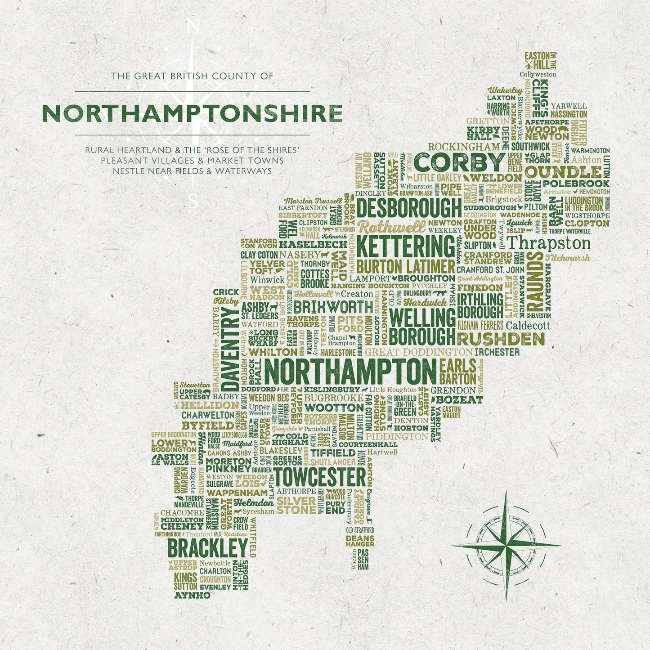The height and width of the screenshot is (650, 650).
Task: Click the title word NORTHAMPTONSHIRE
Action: [x=192, y=113]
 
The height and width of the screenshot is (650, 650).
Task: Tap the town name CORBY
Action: [x=459, y=162]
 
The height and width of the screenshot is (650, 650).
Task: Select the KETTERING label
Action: [x=406, y=247]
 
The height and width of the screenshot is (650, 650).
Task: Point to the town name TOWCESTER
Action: [x=320, y=477]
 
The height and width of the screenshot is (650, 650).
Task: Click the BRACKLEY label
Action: [x=207, y=548]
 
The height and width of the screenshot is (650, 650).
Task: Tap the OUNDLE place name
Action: [x=563, y=172]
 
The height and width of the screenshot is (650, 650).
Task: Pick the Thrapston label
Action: [x=548, y=243]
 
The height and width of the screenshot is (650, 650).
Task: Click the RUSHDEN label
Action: [x=501, y=339]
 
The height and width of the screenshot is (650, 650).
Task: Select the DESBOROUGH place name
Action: [x=409, y=209]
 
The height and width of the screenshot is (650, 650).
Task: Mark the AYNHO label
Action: [x=192, y=595]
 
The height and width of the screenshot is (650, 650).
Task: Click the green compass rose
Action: [x=506, y=546]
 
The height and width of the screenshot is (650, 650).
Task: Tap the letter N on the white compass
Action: [x=193, y=27]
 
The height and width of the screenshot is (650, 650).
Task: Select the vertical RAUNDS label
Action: [x=535, y=281]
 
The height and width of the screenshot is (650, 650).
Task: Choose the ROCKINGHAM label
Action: [x=464, y=147]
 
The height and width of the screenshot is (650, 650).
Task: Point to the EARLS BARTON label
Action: [x=457, y=372]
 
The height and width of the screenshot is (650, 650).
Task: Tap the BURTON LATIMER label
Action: [x=406, y=266]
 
